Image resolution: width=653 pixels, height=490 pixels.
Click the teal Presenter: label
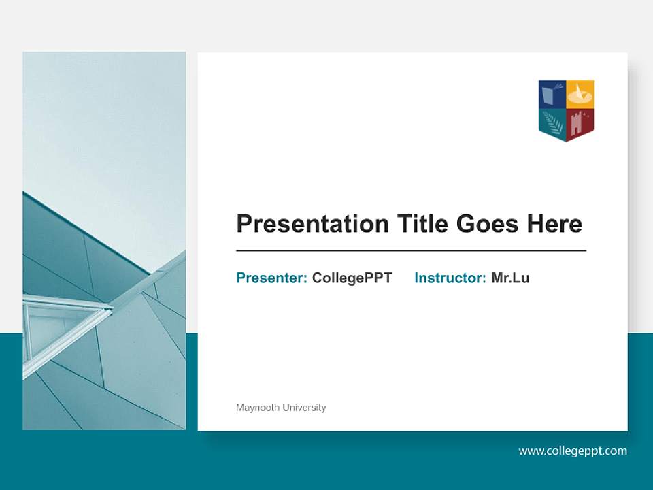coord(271,278)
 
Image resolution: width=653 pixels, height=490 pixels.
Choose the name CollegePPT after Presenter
coord(352,278)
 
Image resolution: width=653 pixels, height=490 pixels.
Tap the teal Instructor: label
coord(450,278)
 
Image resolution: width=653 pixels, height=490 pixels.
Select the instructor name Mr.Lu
coord(510,278)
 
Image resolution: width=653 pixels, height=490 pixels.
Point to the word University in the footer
coord(304,408)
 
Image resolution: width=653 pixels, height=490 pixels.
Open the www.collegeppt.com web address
coord(573,451)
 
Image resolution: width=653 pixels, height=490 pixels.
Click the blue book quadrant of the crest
coord(552,94)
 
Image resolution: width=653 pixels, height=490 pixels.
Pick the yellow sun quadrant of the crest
coord(580,94)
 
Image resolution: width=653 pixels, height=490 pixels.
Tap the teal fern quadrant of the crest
coord(552,122)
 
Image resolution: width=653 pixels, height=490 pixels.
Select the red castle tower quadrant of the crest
coord(580,122)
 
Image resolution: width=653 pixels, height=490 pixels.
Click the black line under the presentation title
coord(411,251)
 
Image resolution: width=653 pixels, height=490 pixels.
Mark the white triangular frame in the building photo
coord(61,325)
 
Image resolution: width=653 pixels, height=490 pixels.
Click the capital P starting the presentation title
coord(244,224)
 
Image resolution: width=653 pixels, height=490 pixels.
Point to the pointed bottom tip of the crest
coord(567,140)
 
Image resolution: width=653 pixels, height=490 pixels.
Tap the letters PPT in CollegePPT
coord(378,278)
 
